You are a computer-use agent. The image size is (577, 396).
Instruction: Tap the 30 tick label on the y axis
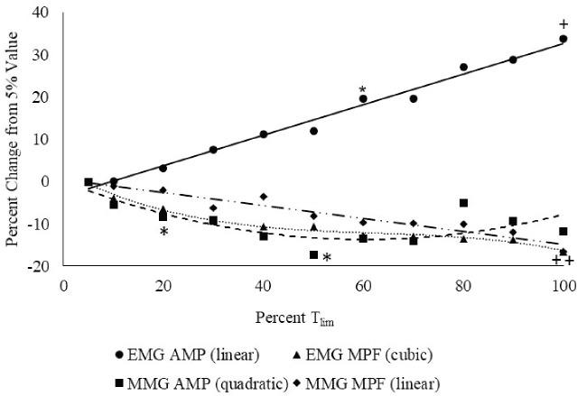click(42, 56)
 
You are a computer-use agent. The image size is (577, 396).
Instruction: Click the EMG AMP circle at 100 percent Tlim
click(563, 39)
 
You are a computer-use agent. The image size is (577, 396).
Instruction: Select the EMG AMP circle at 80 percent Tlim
click(463, 68)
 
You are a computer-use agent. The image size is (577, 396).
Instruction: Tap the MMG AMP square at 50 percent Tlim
click(313, 255)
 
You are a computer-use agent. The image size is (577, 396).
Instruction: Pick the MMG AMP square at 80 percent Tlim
click(463, 203)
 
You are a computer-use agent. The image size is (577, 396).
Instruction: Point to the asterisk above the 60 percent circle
click(362, 89)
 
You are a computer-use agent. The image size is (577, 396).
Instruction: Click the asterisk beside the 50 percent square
click(327, 259)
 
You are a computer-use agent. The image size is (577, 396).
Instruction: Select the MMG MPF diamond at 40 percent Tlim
click(264, 197)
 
